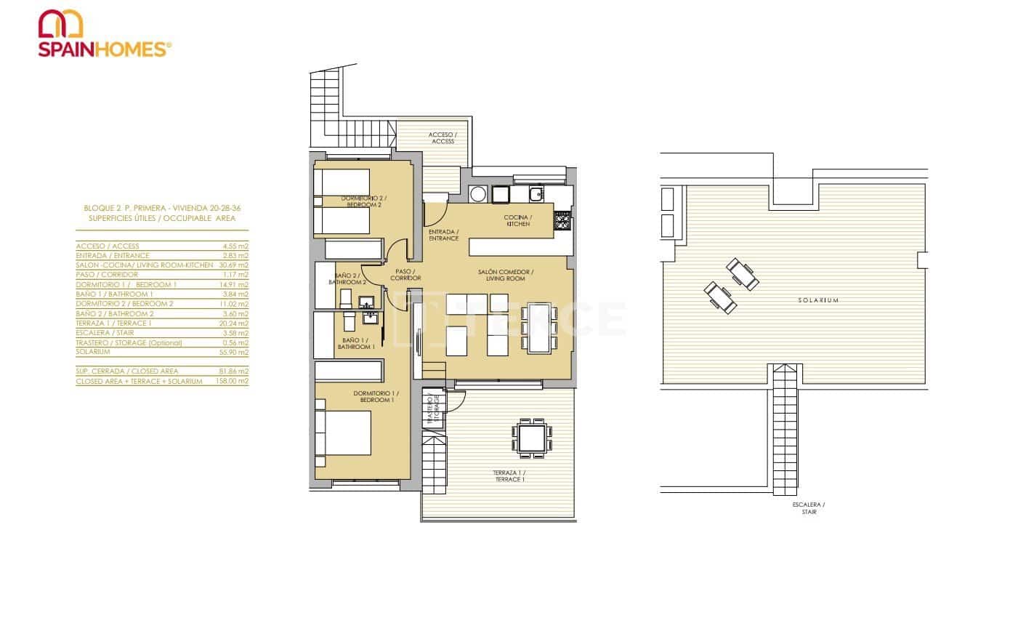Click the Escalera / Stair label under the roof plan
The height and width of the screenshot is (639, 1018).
click(x=809, y=508)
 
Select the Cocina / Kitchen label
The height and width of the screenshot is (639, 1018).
click(x=518, y=221)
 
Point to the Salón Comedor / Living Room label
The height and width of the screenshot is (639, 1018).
click(x=506, y=276)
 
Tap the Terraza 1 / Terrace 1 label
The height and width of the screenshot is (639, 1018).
click(x=509, y=476)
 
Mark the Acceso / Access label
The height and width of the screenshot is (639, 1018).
click(x=442, y=138)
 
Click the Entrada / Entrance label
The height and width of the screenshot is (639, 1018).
click(x=443, y=235)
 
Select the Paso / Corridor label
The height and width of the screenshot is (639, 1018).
click(x=405, y=275)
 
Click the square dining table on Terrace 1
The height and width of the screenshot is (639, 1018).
click(x=531, y=439)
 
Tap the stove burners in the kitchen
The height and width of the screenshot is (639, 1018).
click(x=563, y=220)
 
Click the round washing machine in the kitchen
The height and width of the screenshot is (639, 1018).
click(x=478, y=194)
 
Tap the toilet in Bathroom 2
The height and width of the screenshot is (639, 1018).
click(x=346, y=298)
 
